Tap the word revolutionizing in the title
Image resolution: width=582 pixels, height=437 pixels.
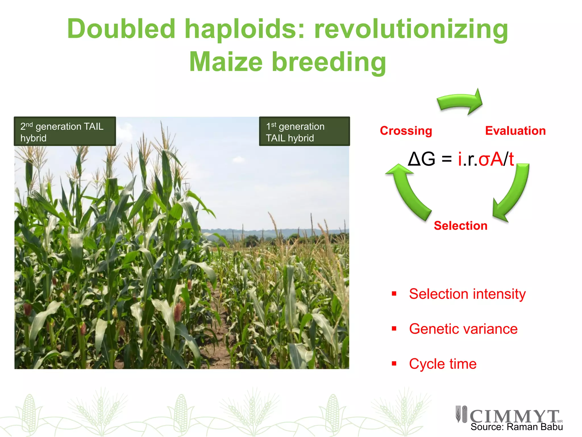(x=411, y=30)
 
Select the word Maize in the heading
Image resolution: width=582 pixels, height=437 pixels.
(x=226, y=62)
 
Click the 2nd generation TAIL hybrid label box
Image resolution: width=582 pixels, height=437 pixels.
(x=65, y=132)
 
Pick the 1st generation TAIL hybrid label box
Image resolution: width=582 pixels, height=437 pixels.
(x=304, y=132)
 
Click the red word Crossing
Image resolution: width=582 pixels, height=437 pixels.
(x=406, y=131)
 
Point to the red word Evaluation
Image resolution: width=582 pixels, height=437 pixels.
(x=515, y=131)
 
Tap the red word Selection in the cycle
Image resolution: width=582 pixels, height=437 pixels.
(x=460, y=226)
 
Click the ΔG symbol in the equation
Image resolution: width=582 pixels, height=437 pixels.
(x=421, y=159)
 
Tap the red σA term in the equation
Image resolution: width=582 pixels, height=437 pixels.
(x=490, y=159)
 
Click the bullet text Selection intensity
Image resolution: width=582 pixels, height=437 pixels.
(x=467, y=294)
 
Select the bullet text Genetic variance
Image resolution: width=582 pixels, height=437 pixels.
(x=463, y=329)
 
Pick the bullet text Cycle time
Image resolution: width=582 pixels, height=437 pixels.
(x=442, y=364)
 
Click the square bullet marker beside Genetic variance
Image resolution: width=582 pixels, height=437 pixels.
(x=394, y=329)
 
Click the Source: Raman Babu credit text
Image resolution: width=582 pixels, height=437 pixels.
(x=516, y=427)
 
